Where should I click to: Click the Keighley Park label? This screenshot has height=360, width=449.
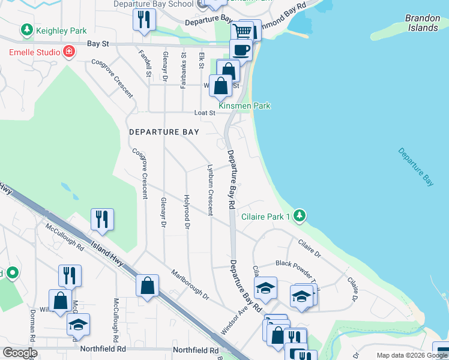click(x=61, y=31)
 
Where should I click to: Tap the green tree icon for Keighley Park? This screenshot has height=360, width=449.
click(x=26, y=29)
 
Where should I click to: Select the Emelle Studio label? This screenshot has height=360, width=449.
click(x=34, y=52)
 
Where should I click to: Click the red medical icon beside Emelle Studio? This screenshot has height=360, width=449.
click(x=69, y=52)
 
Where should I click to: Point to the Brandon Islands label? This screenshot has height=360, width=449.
click(x=422, y=23)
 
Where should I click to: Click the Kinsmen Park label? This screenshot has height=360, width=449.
click(x=244, y=106)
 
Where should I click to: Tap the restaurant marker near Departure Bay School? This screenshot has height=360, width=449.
click(x=143, y=19)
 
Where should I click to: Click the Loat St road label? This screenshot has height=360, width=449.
click(x=205, y=112)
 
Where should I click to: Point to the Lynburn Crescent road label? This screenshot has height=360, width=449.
click(x=210, y=190)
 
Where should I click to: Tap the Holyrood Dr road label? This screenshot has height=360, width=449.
click(x=187, y=212)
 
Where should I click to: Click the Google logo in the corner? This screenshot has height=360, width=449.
click(x=19, y=353)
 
